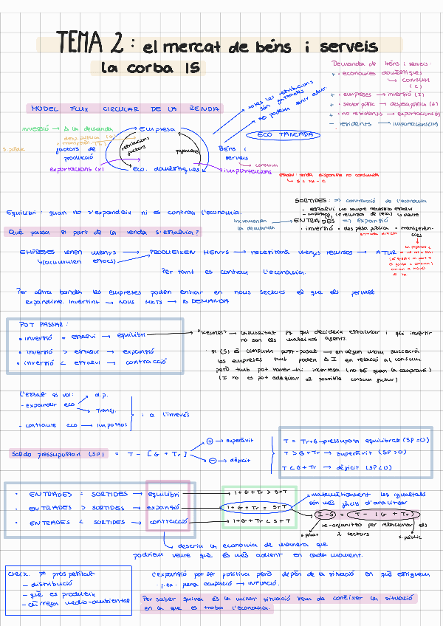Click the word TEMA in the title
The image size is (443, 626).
83,41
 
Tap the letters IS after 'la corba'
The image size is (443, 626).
188,69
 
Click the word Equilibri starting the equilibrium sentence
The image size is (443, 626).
24,213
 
